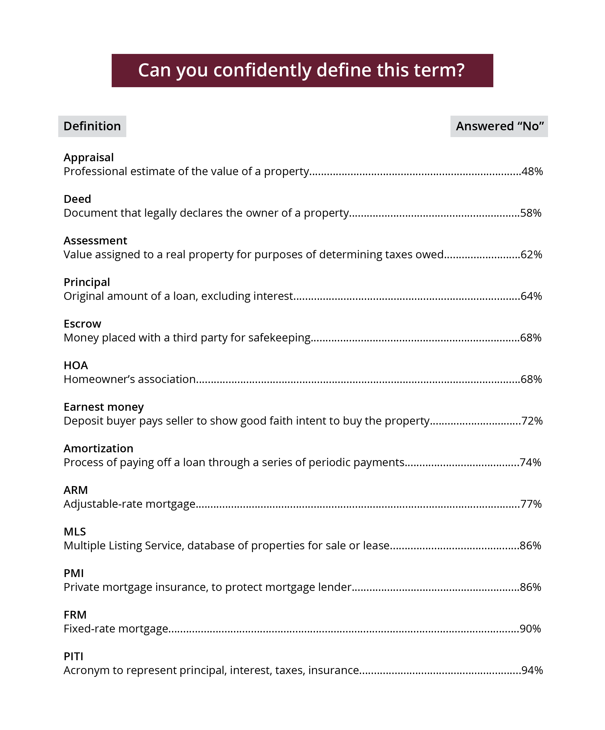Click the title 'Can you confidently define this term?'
[301, 70]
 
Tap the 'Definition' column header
[92, 126]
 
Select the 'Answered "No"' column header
[499, 126]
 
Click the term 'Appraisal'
[89, 157]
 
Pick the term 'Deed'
[77, 199]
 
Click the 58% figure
[531, 213]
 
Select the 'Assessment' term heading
[95, 241]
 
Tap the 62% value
[531, 255]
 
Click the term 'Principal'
[86, 282]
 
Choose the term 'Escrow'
[82, 324]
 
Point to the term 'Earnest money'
[104, 407]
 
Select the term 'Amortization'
[98, 449]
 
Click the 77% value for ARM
[531, 504]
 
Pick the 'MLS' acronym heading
[75, 531]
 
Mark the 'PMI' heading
[74, 573]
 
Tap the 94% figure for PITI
[532, 670]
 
